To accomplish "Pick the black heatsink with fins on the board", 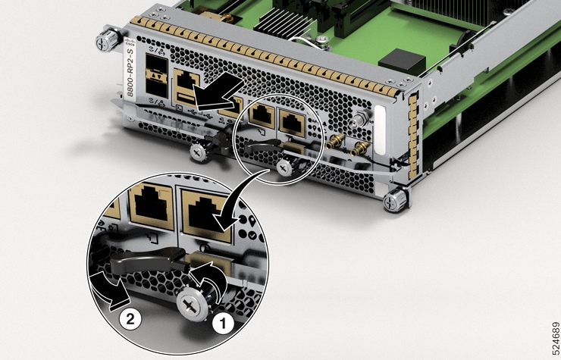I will click(296, 15).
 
